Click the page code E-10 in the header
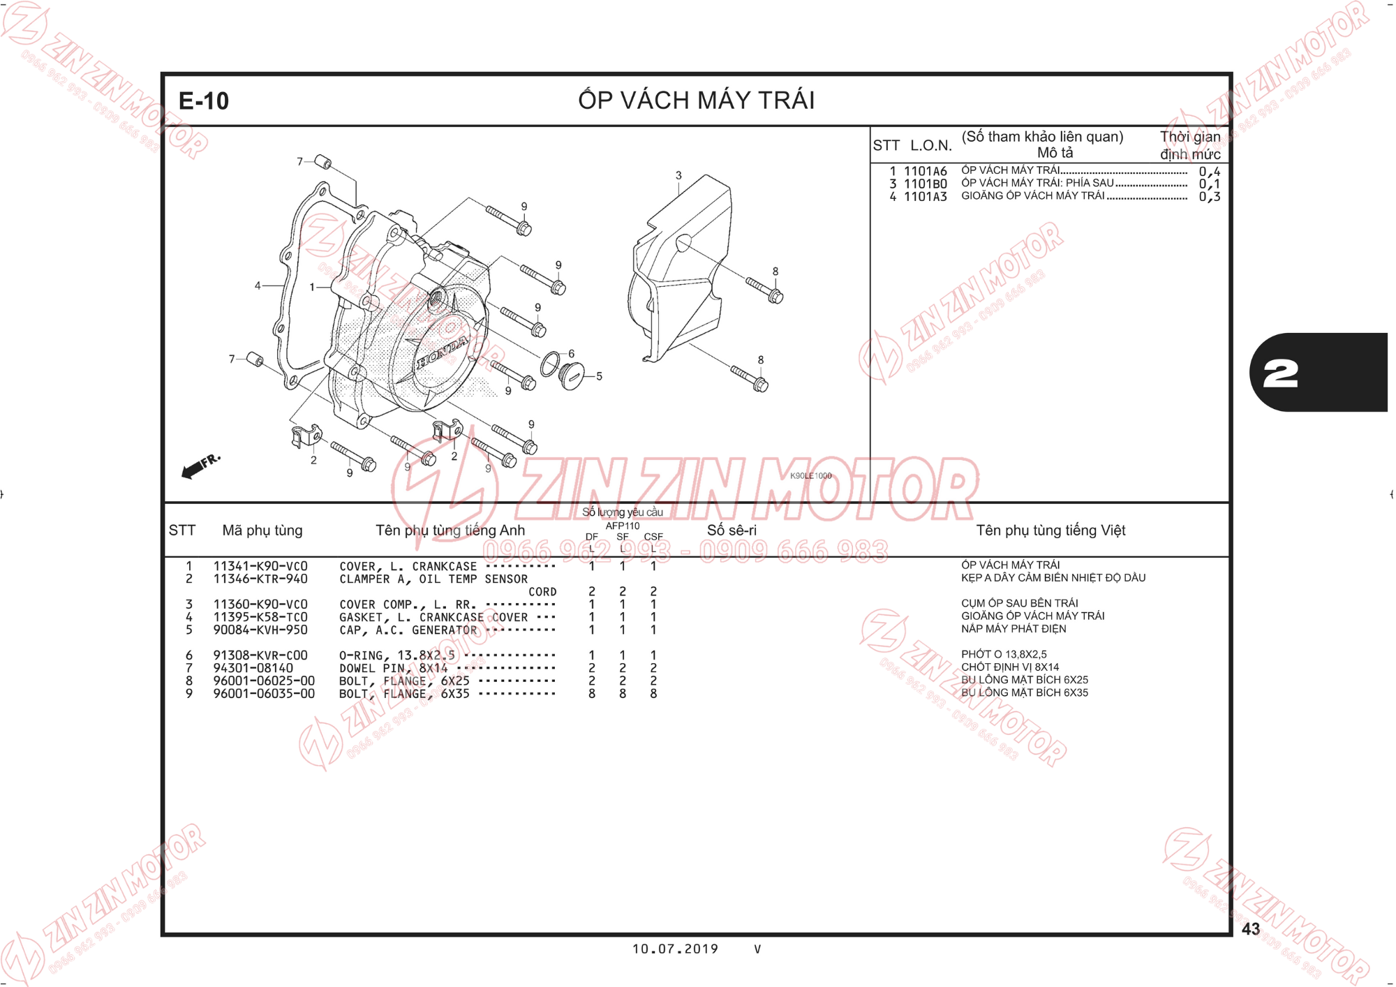pos(204,101)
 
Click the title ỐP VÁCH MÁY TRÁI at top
pos(697,100)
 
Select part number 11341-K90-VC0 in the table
pos(260,566)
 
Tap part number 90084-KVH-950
pos(260,630)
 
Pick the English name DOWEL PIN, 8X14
pos(394,669)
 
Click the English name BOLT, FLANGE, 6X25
pos(404,681)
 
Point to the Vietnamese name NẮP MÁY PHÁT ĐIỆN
pos(1013,629)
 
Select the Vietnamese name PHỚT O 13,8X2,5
pos(1004,654)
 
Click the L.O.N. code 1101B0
pos(926,184)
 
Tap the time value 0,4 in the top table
pos(1210,172)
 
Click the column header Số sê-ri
pos(732,530)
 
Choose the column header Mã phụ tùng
pos(262,530)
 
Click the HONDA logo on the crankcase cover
pos(443,352)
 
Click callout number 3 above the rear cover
pos(678,175)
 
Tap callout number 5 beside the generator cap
pos(599,376)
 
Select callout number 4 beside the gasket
pos(258,285)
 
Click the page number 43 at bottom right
pos(1251,929)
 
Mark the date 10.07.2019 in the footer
pos(675,949)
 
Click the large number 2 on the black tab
pos(1281,374)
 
